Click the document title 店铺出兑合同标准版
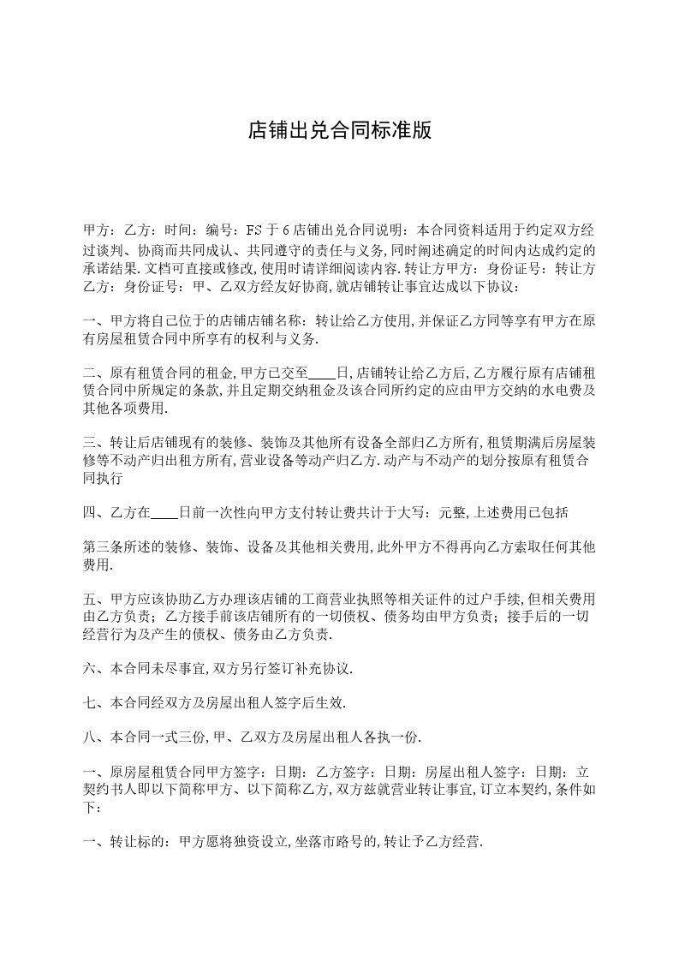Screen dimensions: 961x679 [x=339, y=131]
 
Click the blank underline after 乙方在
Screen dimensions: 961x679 [x=164, y=513]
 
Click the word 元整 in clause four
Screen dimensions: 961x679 [x=453, y=513]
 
